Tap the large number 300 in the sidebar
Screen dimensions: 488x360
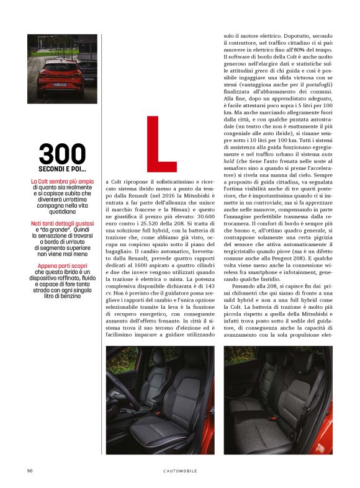point(62,154)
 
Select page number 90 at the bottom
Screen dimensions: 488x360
point(29,471)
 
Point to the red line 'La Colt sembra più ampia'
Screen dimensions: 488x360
point(62,181)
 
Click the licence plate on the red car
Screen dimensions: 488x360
point(60,84)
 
